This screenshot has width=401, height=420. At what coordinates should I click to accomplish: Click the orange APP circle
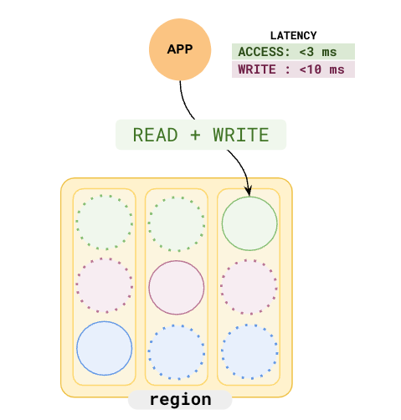tap(179, 49)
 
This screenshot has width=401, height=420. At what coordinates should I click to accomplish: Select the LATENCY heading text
tap(293, 35)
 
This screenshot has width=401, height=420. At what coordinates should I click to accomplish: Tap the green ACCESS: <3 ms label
tap(293, 52)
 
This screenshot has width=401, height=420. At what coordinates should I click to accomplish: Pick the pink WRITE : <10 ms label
tap(293, 70)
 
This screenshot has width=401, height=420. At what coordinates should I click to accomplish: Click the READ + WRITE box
tap(201, 135)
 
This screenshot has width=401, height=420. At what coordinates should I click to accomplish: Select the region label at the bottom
tap(179, 400)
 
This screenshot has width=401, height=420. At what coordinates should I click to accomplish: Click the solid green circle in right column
tap(249, 222)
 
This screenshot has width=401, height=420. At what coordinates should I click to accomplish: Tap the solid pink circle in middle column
tap(176, 286)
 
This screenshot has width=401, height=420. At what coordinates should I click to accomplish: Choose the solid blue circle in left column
tap(104, 347)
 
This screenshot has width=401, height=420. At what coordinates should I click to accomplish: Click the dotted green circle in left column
tap(104, 223)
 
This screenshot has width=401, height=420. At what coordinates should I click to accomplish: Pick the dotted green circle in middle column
tap(176, 223)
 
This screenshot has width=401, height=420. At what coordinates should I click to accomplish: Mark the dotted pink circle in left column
tap(104, 286)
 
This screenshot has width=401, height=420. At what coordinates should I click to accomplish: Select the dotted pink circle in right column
tap(249, 286)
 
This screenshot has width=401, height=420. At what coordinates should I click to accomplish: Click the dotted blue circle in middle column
tap(176, 351)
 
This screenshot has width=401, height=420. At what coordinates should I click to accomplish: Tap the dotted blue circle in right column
tap(249, 351)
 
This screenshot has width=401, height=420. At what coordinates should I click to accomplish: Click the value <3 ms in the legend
tap(325, 52)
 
